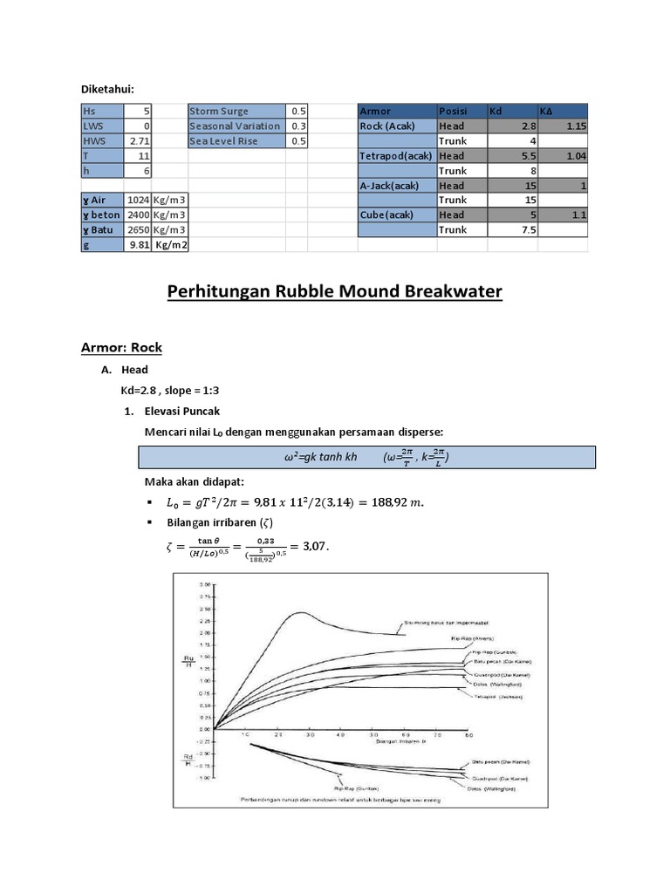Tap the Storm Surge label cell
[236, 111]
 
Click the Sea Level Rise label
[236, 140]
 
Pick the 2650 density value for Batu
[139, 229]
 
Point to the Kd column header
[511, 111]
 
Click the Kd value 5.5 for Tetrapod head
[511, 155]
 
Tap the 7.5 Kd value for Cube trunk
[511, 229]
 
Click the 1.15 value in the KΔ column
[563, 126]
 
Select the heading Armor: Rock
[121, 347]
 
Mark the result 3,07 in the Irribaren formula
[313, 546]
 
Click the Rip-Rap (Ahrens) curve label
[474, 637]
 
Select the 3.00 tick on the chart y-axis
[206, 583]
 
